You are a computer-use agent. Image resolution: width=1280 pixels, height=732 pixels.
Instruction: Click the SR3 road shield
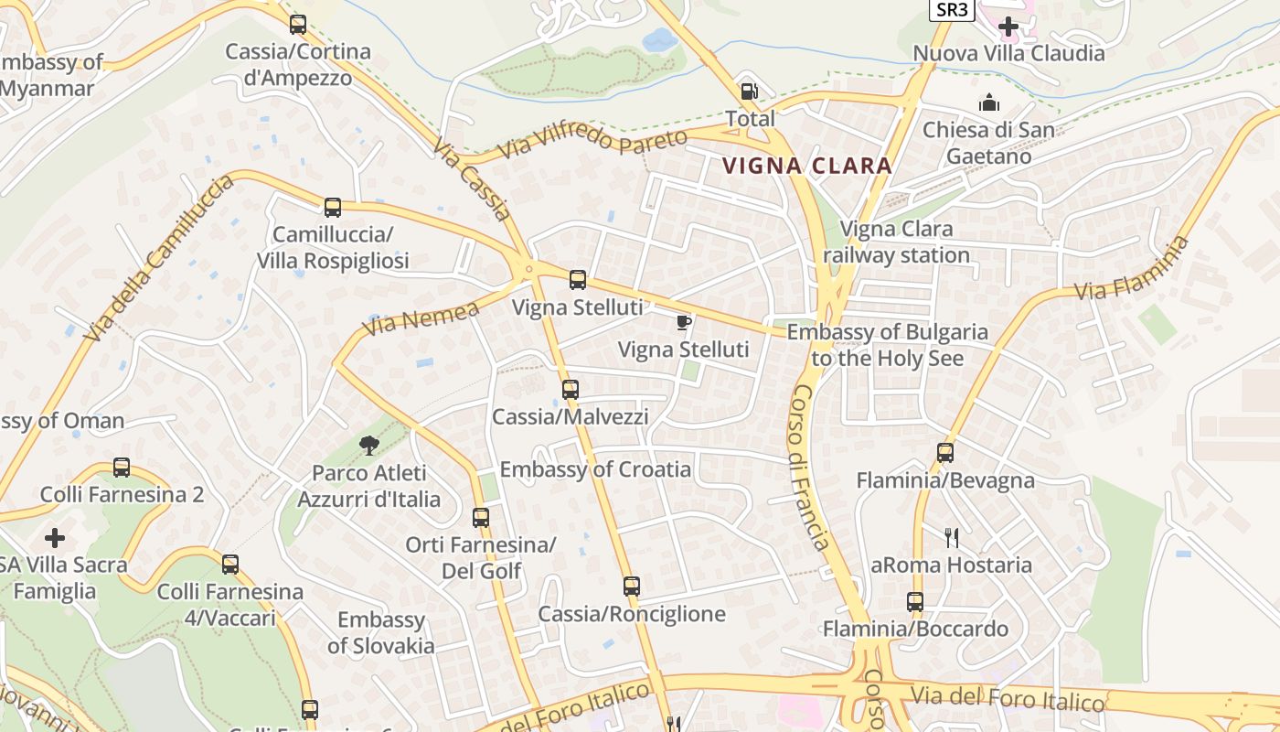(x=952, y=10)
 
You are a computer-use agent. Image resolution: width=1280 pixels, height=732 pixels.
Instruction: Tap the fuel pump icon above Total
(x=749, y=91)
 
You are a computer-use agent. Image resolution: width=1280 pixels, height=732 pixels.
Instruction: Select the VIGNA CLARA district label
(x=806, y=166)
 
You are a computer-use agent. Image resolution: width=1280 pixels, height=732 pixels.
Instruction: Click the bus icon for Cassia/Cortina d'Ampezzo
(x=297, y=24)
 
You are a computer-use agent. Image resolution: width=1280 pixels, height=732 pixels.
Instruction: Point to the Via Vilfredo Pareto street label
(x=592, y=145)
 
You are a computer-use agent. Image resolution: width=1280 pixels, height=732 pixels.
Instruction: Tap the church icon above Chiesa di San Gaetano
(x=988, y=102)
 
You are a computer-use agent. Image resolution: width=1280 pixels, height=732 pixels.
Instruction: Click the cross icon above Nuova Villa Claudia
(x=1008, y=27)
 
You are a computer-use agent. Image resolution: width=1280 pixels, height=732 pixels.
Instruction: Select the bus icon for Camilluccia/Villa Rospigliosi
(x=333, y=208)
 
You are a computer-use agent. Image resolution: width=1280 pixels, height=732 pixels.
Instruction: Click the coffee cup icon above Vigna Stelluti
(x=683, y=321)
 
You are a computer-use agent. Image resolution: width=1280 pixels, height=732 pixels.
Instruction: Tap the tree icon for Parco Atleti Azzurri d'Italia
(x=369, y=446)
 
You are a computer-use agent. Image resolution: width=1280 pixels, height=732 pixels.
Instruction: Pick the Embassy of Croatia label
(x=595, y=469)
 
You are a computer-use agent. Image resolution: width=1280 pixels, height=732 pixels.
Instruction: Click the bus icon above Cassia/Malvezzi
(x=571, y=389)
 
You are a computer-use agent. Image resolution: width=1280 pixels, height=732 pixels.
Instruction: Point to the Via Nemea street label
(x=421, y=318)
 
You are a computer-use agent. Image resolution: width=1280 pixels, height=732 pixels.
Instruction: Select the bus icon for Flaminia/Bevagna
(x=945, y=452)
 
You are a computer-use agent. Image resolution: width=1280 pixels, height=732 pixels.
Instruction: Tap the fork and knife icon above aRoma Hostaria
(x=952, y=537)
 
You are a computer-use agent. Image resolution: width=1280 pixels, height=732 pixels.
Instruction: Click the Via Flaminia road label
(x=1133, y=268)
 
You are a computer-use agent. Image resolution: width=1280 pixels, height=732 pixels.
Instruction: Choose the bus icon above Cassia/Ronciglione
(x=632, y=586)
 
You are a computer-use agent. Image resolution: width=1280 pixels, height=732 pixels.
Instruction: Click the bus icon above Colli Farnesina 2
(x=122, y=468)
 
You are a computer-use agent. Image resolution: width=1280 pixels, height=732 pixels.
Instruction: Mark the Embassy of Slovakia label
(x=381, y=632)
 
